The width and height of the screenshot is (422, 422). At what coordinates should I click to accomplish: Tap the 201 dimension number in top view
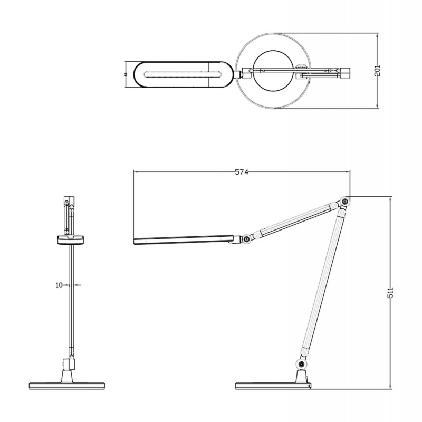point(377,72)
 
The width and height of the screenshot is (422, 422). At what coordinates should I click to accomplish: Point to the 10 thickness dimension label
point(60,285)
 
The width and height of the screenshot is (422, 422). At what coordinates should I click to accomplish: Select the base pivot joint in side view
point(301,364)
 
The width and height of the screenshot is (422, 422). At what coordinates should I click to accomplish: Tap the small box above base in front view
point(69,364)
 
